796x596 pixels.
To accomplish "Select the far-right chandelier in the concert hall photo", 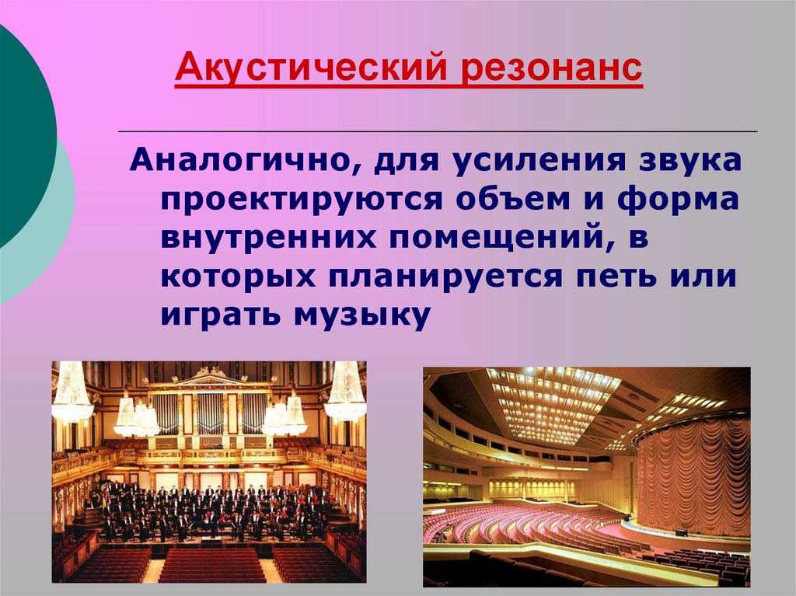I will (x=345, y=392).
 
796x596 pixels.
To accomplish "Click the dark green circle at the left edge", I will (x=19, y=132).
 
